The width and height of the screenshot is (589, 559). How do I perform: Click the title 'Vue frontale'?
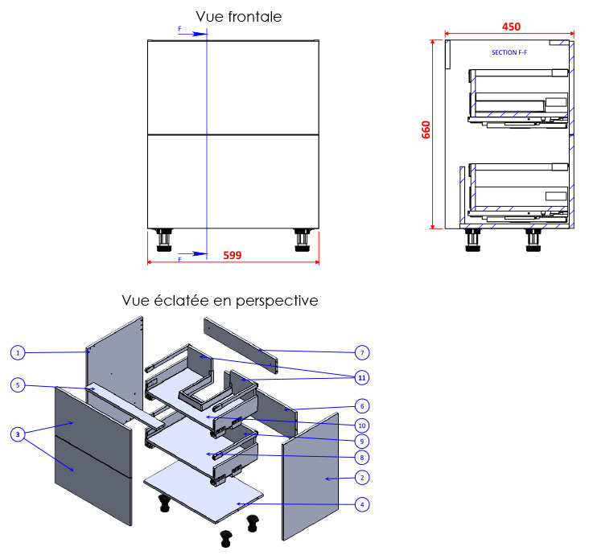pos(239,16)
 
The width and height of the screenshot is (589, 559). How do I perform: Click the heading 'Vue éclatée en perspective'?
pos(220,301)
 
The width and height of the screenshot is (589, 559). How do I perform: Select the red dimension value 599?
pos(232,255)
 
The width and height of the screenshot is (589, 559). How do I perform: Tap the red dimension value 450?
pos(510,27)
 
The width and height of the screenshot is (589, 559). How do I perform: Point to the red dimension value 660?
pos(426,130)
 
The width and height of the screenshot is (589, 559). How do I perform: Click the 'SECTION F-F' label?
pos(509,52)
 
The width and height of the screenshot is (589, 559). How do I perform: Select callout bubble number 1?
pos(19,352)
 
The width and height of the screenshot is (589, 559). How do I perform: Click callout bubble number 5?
pos(19,385)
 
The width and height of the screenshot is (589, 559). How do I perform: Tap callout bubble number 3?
pos(19,434)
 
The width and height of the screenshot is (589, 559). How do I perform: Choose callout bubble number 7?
pos(363,352)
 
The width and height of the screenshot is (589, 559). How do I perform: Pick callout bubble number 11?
pos(363,376)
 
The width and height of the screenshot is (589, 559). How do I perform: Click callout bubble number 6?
pos(363,407)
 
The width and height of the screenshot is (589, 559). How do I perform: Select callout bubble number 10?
pos(363,425)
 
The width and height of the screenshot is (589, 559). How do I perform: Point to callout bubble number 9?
pos(363,441)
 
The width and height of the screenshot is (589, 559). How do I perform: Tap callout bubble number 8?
pos(363,457)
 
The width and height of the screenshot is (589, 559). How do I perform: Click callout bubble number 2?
pos(363,478)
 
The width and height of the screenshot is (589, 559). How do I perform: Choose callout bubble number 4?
pos(363,505)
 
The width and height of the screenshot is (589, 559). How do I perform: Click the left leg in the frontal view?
pos(165,240)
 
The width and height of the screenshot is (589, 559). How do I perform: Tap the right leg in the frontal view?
pos(303,240)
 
